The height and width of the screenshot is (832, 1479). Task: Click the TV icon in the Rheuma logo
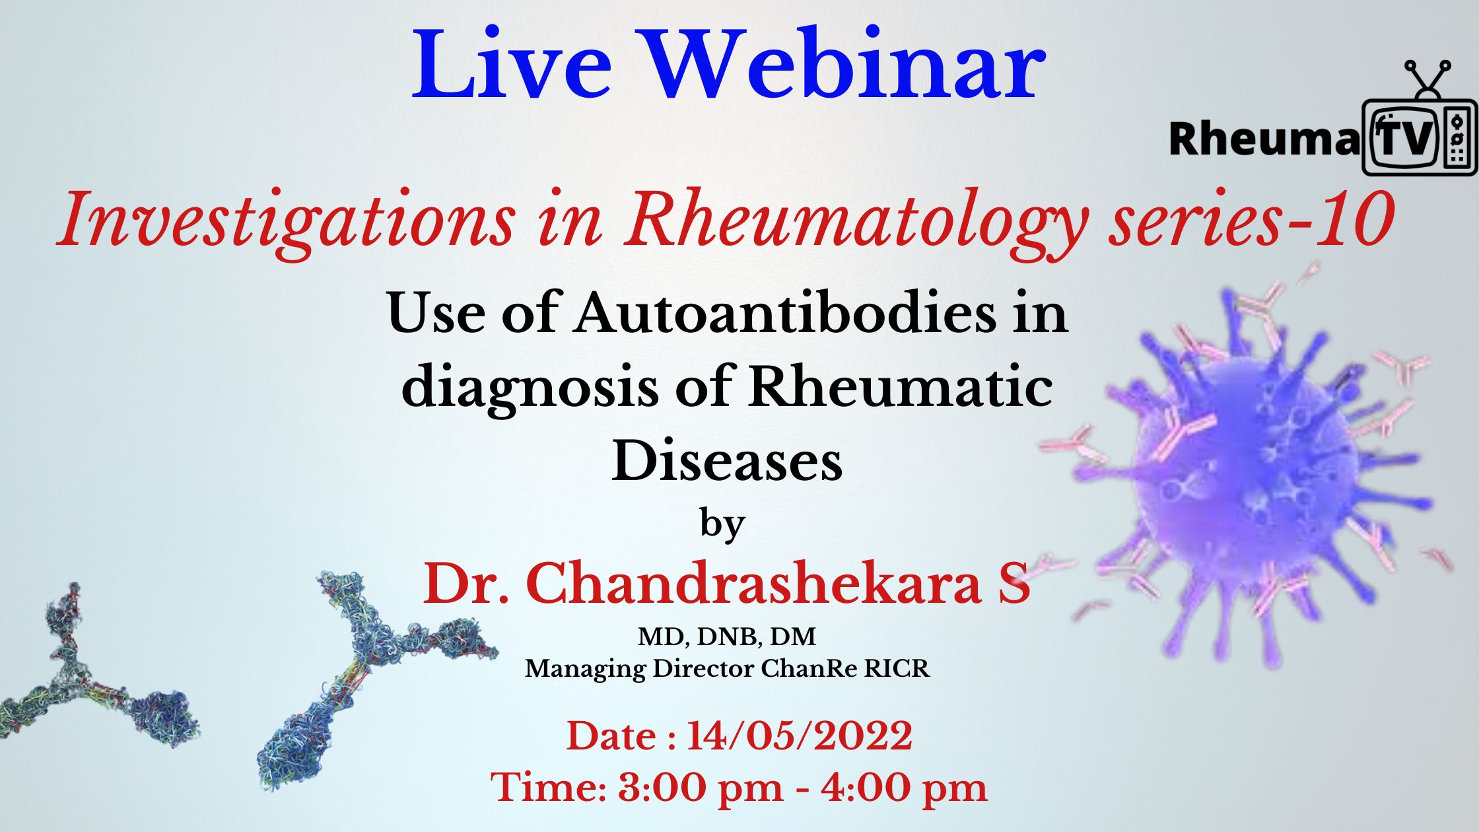[x=1419, y=119]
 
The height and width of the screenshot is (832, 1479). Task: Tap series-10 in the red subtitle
[x=1252, y=219]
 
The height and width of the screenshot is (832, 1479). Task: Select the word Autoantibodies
[x=785, y=314]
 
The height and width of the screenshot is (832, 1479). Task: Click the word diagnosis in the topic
[x=530, y=388]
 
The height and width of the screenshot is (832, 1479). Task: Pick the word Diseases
[x=727, y=462]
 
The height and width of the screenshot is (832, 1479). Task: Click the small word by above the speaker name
[x=722, y=526]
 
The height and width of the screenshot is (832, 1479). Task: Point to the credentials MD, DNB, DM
[x=727, y=637]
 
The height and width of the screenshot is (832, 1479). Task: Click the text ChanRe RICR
[x=845, y=669]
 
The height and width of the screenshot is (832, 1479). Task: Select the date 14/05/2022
[x=800, y=736]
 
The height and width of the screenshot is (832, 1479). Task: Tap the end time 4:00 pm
[x=904, y=787]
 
